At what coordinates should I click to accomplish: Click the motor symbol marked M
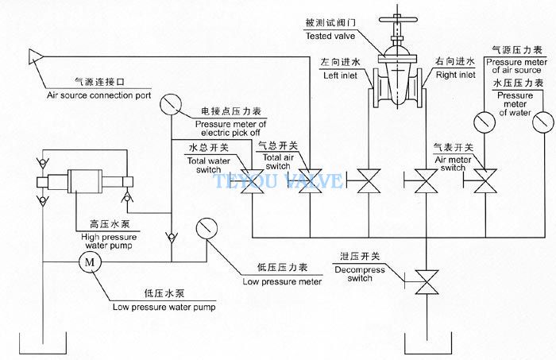pos(90,262)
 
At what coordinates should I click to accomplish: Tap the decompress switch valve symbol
pos(427,282)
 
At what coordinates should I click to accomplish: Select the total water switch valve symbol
pos(252,181)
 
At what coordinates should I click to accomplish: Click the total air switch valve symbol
pos(311,181)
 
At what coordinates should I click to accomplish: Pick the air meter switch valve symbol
pos(485,181)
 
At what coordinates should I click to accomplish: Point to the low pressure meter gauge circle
pos(207,228)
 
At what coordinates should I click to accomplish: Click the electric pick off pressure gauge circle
pos(171,104)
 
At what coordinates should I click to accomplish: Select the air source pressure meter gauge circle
pos(485,122)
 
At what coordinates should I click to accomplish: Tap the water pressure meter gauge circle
pos(543,122)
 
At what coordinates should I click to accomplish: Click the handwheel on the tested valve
pos(397,19)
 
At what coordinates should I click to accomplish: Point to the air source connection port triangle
pos(36,56)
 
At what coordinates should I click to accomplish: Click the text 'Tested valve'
pos(330,36)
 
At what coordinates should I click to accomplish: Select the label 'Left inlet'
pos(340,75)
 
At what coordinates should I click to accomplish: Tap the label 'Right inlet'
pos(455,75)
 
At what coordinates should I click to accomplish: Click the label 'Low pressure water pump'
pos(164,307)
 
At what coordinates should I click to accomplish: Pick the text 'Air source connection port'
pos(99,95)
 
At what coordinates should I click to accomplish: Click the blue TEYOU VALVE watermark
pos(278,180)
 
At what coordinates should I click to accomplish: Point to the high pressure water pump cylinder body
pos(85,181)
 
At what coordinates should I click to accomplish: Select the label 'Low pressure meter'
pos(282,281)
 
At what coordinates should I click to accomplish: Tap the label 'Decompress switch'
pos(360,274)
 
